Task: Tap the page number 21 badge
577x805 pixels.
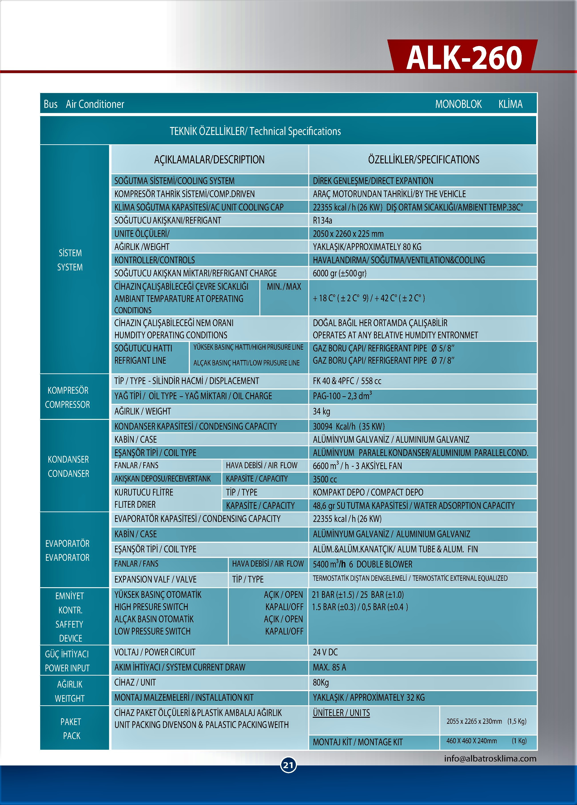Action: [288, 765]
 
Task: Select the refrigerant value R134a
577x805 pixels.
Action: [322, 220]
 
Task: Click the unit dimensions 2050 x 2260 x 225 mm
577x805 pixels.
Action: [348, 234]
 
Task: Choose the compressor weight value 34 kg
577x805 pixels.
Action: [321, 411]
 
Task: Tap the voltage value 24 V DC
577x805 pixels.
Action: [325, 652]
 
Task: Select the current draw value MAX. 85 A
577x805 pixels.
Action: [329, 667]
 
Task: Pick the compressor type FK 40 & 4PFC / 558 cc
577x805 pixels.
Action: [347, 381]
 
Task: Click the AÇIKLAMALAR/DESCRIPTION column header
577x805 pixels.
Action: [209, 160]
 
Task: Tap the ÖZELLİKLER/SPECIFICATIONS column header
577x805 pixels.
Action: [424, 160]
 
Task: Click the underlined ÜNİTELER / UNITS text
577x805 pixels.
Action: [341, 713]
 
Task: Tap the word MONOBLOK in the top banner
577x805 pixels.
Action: [458, 104]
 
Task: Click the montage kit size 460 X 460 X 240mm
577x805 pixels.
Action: [472, 741]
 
